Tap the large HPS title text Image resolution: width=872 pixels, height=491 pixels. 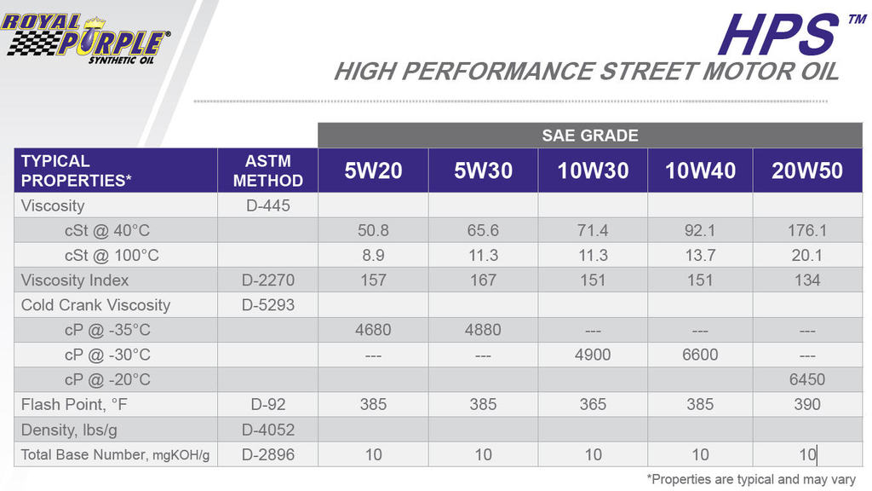point(778,34)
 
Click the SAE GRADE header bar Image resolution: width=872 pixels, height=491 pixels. point(590,136)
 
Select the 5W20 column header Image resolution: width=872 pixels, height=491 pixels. point(373,170)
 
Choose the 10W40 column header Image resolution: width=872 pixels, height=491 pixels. point(700,170)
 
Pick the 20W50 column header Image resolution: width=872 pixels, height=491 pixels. point(807,170)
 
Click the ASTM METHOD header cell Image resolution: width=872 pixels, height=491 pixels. point(268,170)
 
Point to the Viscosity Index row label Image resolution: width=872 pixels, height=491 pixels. point(75,280)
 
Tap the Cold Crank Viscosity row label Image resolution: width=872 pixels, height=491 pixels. point(95,305)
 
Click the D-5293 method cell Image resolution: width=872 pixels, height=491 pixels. point(268,305)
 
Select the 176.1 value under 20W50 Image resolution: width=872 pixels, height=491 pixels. point(807,230)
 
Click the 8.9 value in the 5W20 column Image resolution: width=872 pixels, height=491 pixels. point(373,256)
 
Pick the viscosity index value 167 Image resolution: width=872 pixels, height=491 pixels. point(483,280)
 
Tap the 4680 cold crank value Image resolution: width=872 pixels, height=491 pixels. point(373,330)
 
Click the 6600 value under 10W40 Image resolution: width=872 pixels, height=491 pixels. point(700,355)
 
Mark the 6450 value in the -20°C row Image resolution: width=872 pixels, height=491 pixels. point(807,379)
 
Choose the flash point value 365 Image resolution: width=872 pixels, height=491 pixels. point(593,404)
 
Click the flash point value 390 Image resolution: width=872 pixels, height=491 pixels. point(807,404)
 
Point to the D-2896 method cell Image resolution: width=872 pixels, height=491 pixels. point(268,455)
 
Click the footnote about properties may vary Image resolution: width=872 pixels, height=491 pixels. point(751,479)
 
